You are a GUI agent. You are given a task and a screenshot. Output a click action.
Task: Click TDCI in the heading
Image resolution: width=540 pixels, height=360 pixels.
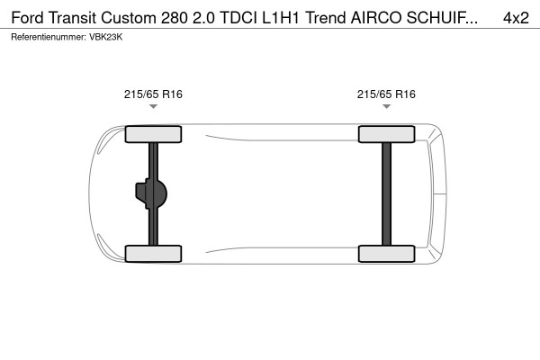coord(235,17)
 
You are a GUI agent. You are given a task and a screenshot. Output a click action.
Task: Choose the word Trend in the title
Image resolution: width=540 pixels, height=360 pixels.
coord(328,17)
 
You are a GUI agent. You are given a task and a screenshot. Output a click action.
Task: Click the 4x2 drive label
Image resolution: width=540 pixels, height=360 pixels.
coord(515,17)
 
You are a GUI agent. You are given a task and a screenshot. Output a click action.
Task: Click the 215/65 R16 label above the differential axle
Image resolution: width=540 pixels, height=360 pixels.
coord(154,94)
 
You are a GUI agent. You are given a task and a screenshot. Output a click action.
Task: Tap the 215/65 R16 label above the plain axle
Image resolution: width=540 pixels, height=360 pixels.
coord(386,94)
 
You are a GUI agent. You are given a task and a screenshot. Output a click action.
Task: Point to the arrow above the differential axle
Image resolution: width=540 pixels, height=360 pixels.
coord(154,107)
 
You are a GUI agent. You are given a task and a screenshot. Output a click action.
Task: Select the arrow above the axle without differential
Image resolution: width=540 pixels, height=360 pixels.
coord(386,107)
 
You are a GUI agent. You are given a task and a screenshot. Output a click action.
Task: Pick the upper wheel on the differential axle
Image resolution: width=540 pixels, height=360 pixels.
coord(154,135)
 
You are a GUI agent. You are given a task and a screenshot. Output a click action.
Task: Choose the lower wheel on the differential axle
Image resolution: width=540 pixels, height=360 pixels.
coord(154,253)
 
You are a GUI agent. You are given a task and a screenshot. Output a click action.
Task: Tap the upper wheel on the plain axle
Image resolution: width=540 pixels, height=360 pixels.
coord(386,135)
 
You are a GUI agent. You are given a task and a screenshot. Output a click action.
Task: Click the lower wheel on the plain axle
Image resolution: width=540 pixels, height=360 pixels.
coord(386,253)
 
